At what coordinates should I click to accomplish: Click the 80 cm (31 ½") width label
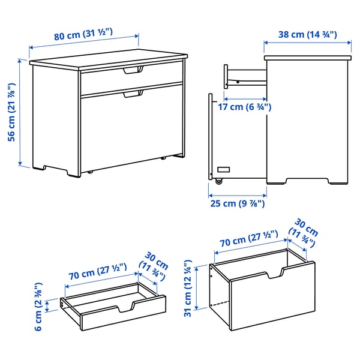(84, 35)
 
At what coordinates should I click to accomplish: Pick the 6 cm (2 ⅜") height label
(38, 306)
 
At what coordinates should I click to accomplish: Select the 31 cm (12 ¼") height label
(188, 287)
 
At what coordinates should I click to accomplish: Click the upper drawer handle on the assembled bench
(133, 71)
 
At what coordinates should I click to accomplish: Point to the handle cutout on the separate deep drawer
(275, 275)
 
